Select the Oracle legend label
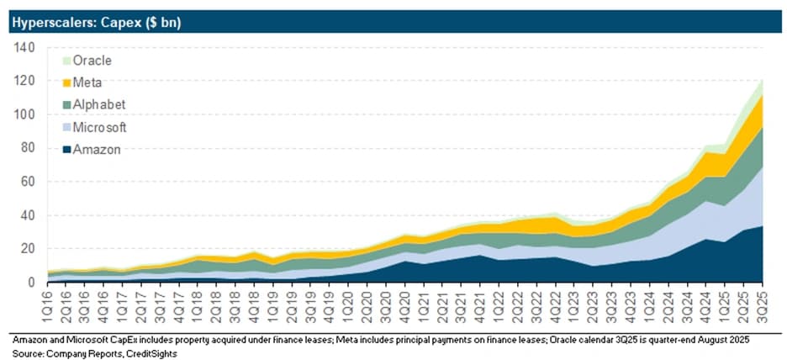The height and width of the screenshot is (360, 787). pos(92,61)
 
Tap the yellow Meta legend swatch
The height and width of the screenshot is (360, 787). pos(66,83)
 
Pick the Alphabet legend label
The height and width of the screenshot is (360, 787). pos(99,105)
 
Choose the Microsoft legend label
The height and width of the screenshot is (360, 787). pos(99,128)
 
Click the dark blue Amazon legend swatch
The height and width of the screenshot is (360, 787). pos(66,150)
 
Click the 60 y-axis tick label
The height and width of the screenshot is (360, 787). pos(27,182)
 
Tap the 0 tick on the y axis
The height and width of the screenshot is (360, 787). pos(31,282)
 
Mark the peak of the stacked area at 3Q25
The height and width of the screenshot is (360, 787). pos(763,79)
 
